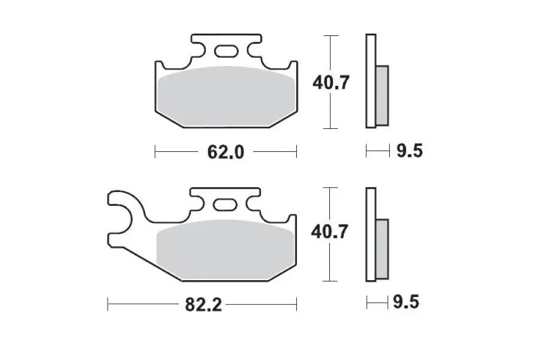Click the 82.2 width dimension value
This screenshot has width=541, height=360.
[x=203, y=305]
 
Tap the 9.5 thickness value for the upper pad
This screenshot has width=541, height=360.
[x=409, y=151]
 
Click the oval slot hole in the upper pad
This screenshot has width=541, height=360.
[x=226, y=52]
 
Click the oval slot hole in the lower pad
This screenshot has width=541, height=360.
[x=226, y=205]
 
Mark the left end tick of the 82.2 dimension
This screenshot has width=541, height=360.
[x=107, y=305]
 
